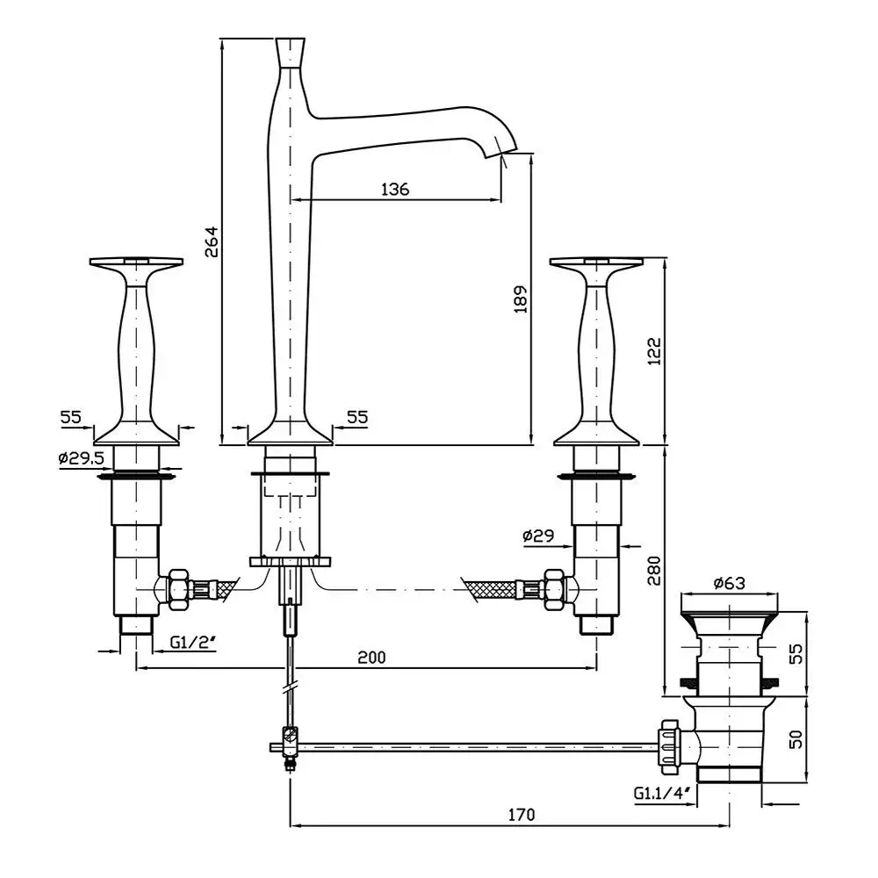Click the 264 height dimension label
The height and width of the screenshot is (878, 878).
tap(212, 241)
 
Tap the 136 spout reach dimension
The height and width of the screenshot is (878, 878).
tap(395, 189)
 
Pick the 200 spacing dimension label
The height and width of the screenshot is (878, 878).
tap(371, 657)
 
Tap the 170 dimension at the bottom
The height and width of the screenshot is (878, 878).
tap(520, 815)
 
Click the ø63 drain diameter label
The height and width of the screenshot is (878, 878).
tap(729, 581)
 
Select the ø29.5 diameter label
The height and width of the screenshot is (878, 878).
tap(81, 457)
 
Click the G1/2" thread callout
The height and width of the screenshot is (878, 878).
tap(192, 641)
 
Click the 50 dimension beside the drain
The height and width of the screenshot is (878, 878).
tap(796, 738)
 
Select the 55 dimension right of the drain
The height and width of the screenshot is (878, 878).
tap(796, 653)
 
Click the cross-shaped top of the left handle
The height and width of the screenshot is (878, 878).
tap(136, 263)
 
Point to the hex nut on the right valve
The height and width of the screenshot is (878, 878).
tap(555, 589)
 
